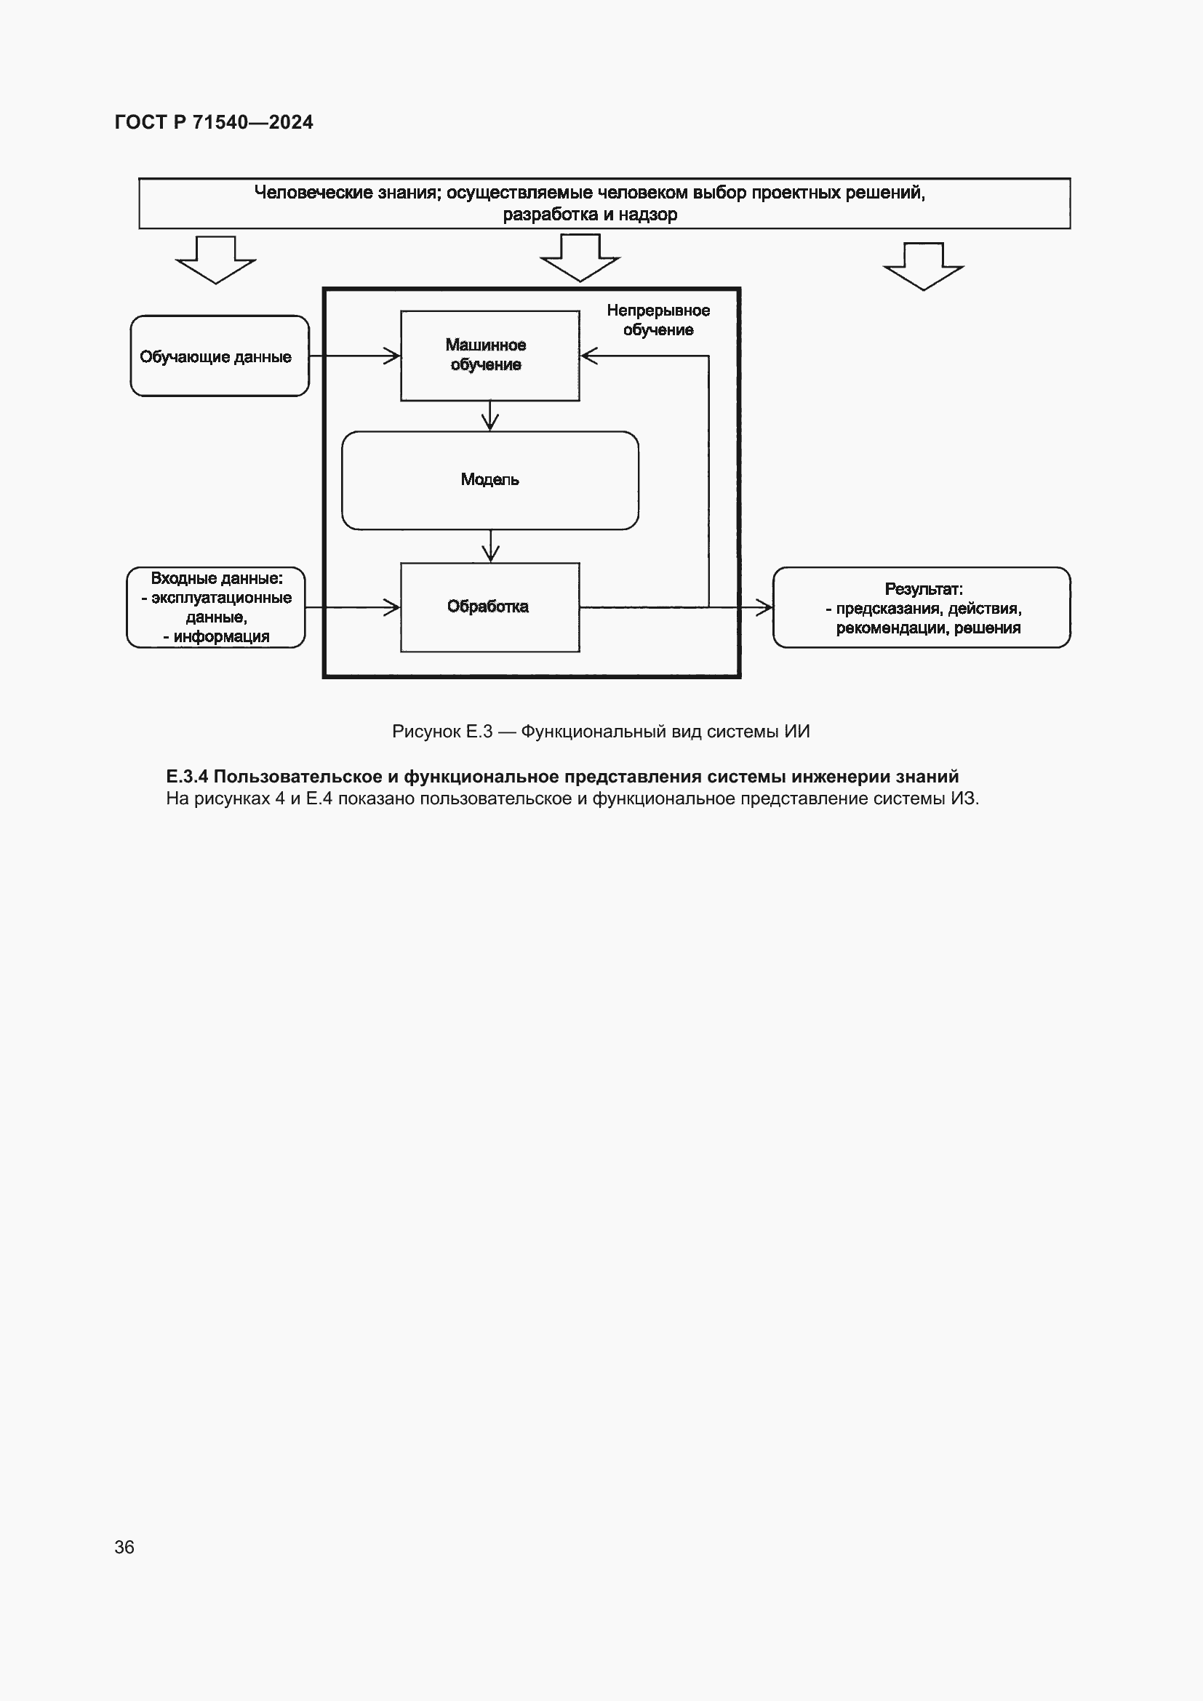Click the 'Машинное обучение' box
pyautogui.click(x=489, y=356)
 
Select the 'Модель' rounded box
pyautogui.click(x=489, y=480)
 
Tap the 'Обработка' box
pyautogui.click(x=489, y=607)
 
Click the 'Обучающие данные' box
pyautogui.click(x=219, y=356)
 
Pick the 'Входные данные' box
pyautogui.click(x=215, y=607)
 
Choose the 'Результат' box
pyautogui.click(x=922, y=607)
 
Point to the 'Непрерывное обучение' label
pyautogui.click(x=658, y=320)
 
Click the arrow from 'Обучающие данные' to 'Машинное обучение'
pyautogui.click(x=354, y=356)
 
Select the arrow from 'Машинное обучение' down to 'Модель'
pyautogui.click(x=489, y=417)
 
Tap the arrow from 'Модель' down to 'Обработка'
pyautogui.click(x=489, y=547)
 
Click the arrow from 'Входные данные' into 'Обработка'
pyautogui.click(x=353, y=607)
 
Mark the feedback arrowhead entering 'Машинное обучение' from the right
pyautogui.click(x=589, y=356)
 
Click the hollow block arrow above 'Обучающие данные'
pyautogui.click(x=215, y=260)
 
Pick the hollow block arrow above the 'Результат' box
pyautogui.click(x=923, y=266)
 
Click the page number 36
pyautogui.click(x=124, y=1547)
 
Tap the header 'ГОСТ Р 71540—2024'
pyautogui.click(x=214, y=122)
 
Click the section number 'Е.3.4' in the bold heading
pyautogui.click(x=187, y=777)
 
